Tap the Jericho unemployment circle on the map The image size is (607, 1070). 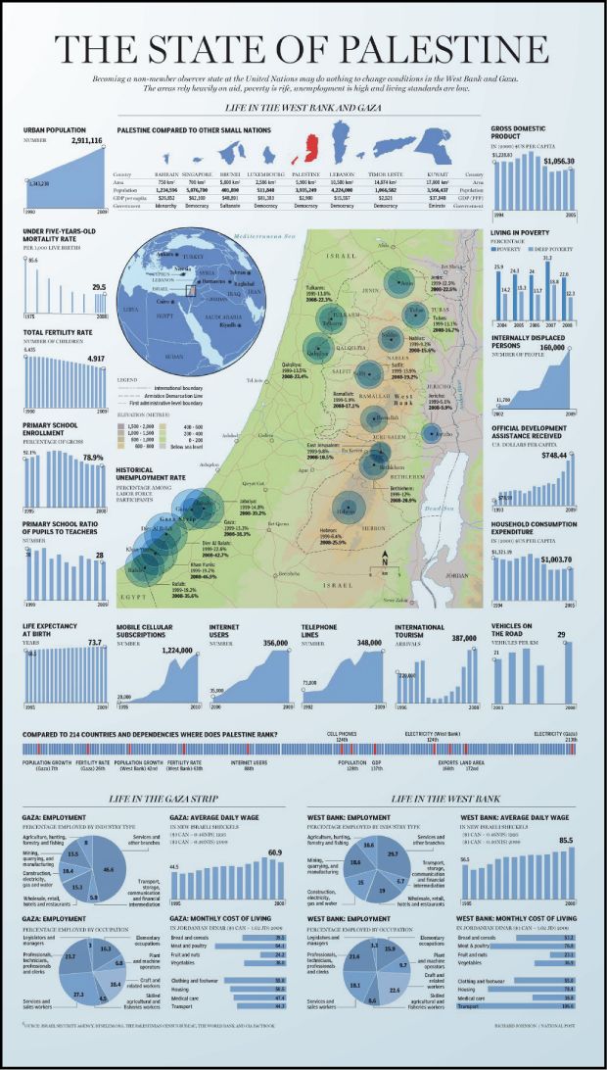[432, 433]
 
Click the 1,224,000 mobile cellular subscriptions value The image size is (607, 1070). [176, 649]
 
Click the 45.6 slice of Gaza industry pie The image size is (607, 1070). [109, 869]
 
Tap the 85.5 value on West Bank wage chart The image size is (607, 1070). [565, 841]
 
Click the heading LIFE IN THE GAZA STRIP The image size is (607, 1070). [163, 800]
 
